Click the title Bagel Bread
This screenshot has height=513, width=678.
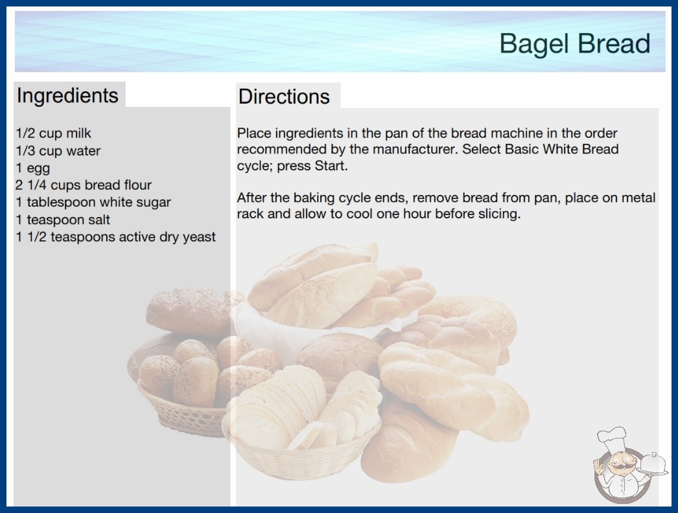[575, 43]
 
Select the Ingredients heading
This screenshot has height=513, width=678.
[67, 95]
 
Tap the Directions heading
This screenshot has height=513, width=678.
[284, 97]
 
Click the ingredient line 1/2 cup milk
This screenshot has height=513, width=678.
[54, 133]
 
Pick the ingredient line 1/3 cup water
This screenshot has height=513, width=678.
[58, 151]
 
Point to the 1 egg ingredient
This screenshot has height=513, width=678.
[33, 168]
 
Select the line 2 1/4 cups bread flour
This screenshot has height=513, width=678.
[84, 185]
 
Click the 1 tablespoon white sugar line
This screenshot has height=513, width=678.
[93, 202]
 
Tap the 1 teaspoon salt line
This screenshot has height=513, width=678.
[63, 220]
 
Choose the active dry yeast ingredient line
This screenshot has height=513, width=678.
[115, 237]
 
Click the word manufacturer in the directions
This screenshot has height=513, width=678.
[415, 149]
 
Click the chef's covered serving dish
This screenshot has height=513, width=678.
[653, 464]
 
